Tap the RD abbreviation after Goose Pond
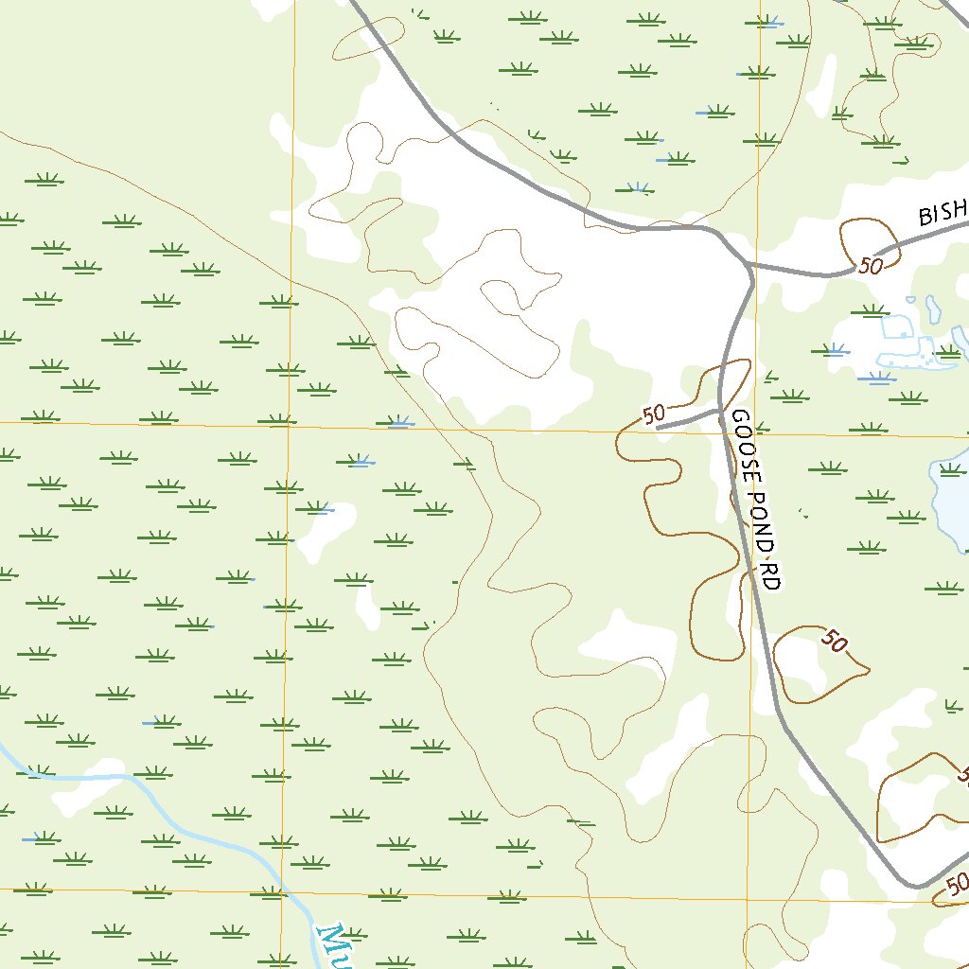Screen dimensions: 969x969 pos(770,576)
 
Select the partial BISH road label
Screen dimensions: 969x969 pos(943,213)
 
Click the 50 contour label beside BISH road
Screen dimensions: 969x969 pos(872,266)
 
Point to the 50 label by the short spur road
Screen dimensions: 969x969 pos(653,414)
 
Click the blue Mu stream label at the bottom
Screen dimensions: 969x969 pos(331,946)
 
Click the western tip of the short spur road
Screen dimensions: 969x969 pos(658,427)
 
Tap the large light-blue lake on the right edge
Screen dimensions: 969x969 pos(950,502)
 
